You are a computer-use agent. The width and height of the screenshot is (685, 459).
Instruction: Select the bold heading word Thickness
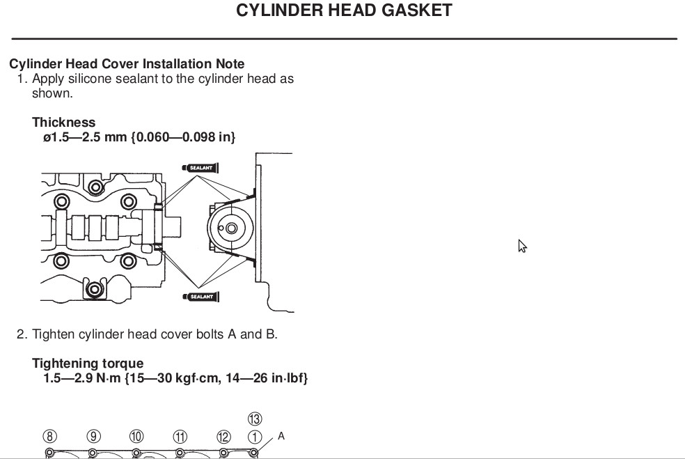(x=64, y=123)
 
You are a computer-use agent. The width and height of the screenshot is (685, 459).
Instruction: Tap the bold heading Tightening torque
(x=88, y=364)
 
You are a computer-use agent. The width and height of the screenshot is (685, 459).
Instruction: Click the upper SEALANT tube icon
(x=200, y=168)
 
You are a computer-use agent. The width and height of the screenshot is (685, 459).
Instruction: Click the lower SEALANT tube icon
(x=200, y=297)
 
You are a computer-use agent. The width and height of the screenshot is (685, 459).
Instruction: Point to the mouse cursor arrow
(x=522, y=246)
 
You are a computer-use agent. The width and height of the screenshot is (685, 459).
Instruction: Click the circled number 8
(x=49, y=437)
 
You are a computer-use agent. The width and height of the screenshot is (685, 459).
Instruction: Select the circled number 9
(x=93, y=437)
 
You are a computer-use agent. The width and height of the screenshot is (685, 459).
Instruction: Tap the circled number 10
(x=136, y=437)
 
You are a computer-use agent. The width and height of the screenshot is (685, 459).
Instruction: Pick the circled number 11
(x=180, y=437)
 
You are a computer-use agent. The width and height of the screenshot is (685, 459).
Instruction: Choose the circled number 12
(x=223, y=437)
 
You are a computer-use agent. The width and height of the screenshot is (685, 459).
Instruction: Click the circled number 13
(x=255, y=419)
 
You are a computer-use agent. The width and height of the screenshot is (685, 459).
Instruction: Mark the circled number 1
(x=255, y=437)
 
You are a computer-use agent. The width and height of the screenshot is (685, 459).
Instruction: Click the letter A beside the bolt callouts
(x=281, y=436)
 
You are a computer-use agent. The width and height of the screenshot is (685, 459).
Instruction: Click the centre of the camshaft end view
(x=231, y=228)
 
